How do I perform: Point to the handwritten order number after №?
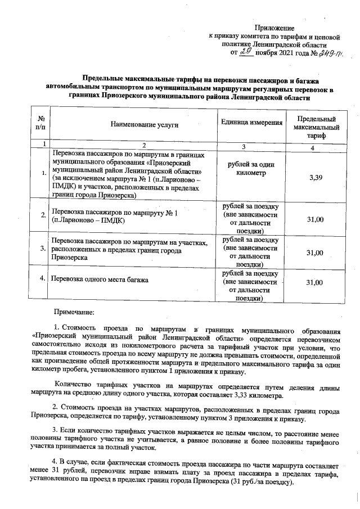click(332, 53)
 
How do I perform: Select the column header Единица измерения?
click(251, 122)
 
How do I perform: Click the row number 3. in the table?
click(43, 247)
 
